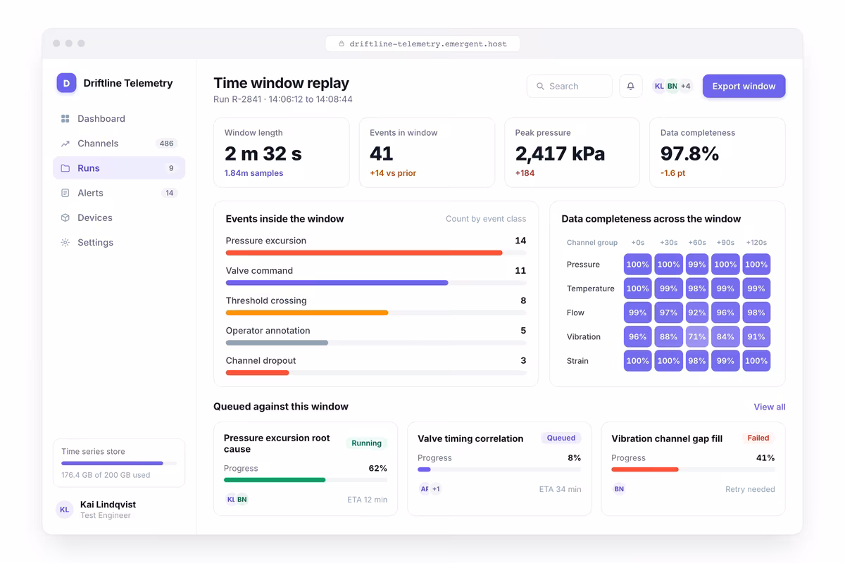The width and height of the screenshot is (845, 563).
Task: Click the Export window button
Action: tap(744, 86)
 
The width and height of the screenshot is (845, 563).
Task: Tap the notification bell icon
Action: tap(630, 87)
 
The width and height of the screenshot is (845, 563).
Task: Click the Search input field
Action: tap(569, 87)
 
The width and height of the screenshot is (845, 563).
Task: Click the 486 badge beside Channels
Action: tap(166, 144)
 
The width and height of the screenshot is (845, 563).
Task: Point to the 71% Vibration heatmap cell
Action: tap(696, 336)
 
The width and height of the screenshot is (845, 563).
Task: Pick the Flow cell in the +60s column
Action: tap(696, 312)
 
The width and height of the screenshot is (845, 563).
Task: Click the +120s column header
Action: tap(756, 243)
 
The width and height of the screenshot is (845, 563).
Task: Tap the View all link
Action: tap(769, 407)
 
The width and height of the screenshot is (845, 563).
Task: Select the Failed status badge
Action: tap(758, 438)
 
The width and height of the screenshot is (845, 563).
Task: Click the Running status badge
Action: tap(366, 443)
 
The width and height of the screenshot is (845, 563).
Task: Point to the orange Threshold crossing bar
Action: tap(307, 312)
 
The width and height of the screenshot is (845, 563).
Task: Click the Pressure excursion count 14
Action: tap(520, 241)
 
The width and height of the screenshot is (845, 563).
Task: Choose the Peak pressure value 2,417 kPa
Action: tap(560, 153)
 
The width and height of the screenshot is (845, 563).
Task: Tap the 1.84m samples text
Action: tap(254, 173)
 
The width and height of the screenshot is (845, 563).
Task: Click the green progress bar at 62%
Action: tap(274, 480)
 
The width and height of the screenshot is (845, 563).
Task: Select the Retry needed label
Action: tap(750, 489)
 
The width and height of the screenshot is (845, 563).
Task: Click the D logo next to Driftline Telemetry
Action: tap(66, 83)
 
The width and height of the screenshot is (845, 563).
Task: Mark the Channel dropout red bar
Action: tap(257, 372)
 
